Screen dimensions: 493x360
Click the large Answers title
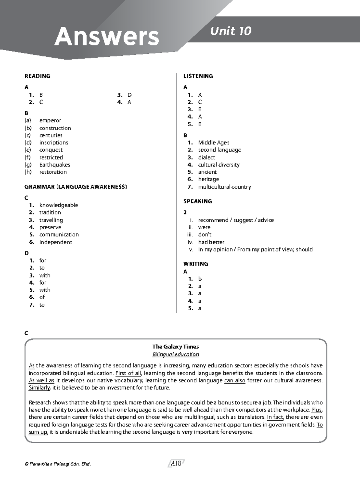click(x=106, y=36)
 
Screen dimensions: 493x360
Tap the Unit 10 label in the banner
click(x=230, y=31)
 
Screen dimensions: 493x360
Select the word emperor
click(x=50, y=121)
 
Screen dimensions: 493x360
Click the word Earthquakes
click(x=55, y=165)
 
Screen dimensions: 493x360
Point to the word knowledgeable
click(x=58, y=205)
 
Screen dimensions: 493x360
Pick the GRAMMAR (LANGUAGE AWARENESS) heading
click(x=76, y=187)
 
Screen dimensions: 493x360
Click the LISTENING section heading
click(x=198, y=76)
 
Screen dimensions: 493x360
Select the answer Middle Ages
click(x=214, y=143)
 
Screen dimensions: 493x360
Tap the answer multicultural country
click(x=224, y=187)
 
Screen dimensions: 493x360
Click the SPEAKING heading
click(x=197, y=201)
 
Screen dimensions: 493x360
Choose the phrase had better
click(x=211, y=242)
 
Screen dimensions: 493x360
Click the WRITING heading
click(x=196, y=264)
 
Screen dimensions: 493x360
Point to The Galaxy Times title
click(x=175, y=347)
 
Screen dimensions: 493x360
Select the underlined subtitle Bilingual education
click(x=175, y=355)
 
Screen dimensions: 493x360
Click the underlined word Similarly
click(x=39, y=388)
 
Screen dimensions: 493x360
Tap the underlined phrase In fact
click(x=275, y=417)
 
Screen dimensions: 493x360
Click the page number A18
click(x=176, y=464)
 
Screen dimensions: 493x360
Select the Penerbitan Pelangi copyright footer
click(x=58, y=464)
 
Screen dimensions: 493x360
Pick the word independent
click(x=55, y=242)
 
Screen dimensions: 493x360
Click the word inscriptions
click(x=54, y=143)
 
